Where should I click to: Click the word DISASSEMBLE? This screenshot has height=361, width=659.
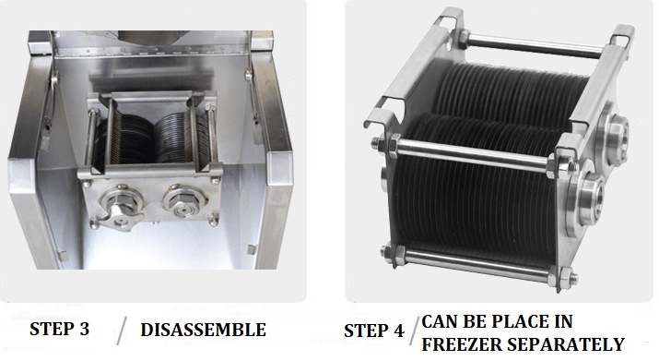coord(203,330)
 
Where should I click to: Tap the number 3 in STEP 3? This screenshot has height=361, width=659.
coord(84,329)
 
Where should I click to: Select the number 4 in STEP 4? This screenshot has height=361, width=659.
coord(398,331)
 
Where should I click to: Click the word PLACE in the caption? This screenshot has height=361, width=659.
coord(504,321)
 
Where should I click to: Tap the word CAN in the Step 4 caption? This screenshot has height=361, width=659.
coord(440,321)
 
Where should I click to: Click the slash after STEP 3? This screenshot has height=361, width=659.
coord(122,331)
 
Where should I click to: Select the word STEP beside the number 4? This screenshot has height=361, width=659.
coord(365,331)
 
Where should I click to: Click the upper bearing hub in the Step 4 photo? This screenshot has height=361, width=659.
coord(614,130)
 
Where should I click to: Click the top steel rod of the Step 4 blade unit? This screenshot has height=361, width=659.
coord(534,45)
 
